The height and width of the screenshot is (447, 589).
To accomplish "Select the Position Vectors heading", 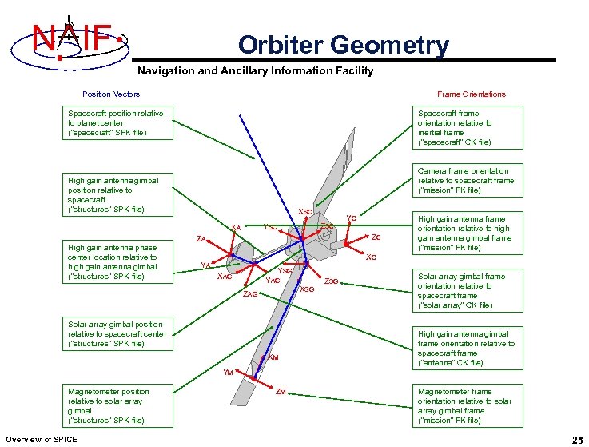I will (111, 94).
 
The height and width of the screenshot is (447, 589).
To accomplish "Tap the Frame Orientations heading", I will (472, 94).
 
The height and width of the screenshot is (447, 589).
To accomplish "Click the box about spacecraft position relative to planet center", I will (115, 123).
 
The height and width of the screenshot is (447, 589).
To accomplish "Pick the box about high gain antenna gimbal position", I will (113, 195).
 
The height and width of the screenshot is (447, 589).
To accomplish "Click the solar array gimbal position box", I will (117, 334).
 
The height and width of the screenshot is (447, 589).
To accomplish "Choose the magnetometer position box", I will (109, 405).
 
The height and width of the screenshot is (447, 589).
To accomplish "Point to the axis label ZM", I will (281, 392).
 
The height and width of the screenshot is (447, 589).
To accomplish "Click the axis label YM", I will (228, 373).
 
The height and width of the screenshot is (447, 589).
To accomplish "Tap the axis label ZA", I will (202, 239).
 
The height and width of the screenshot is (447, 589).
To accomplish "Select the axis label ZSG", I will (332, 281).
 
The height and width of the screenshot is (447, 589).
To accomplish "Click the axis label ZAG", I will (250, 294).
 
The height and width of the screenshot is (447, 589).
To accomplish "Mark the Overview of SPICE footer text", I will (42, 439).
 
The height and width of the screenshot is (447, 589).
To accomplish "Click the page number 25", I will (577, 440).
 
